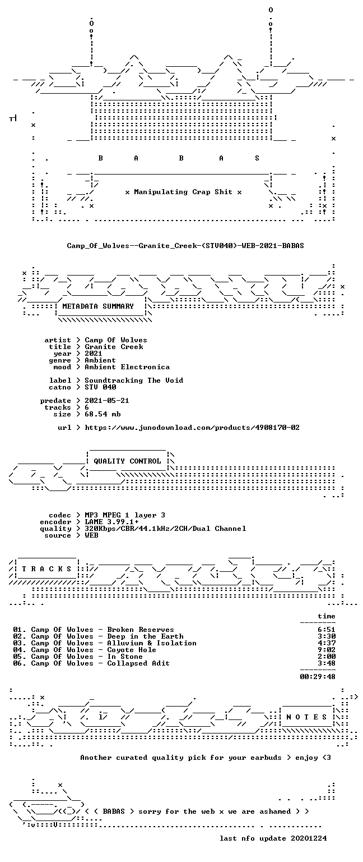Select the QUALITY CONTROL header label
[x=127, y=461]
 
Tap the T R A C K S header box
[x=47, y=568]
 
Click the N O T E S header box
[x=306, y=717]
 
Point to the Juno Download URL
[x=192, y=428]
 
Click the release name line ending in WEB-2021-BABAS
[x=185, y=245]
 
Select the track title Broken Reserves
[x=141, y=630]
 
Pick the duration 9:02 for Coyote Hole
[x=327, y=650]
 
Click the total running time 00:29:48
[x=318, y=676]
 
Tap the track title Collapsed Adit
[x=138, y=663]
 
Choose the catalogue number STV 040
[x=100, y=387]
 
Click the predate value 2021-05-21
[x=107, y=401]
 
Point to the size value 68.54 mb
[x=103, y=414]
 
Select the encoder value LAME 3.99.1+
[x=111, y=522]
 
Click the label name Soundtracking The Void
[x=134, y=380]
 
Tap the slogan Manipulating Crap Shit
[x=183, y=191]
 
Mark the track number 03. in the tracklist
[x=20, y=643]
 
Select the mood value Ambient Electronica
[x=127, y=367]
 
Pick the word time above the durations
[x=327, y=616]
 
